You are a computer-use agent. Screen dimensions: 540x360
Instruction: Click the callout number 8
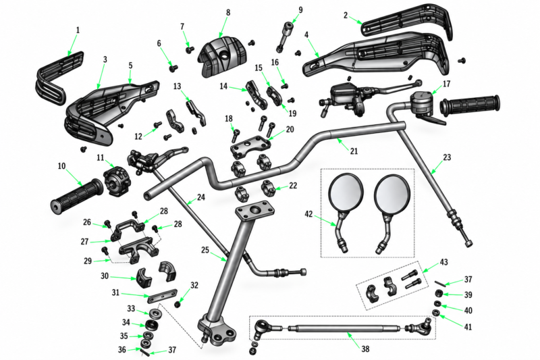[x=228, y=12]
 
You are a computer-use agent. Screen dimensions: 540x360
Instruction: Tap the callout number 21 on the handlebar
[x=354, y=151]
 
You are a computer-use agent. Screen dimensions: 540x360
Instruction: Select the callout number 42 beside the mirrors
[x=308, y=214]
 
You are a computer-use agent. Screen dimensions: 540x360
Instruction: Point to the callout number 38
[x=365, y=349]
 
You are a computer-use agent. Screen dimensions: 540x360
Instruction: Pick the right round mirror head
[x=392, y=194]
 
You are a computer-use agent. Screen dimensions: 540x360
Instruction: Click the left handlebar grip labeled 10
[x=76, y=195]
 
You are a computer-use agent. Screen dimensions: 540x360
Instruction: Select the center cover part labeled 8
[x=223, y=57]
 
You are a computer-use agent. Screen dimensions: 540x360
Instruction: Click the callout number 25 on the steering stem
[x=205, y=250]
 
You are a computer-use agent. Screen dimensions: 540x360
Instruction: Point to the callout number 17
[x=446, y=84]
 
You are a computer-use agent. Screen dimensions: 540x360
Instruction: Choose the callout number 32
[x=194, y=285]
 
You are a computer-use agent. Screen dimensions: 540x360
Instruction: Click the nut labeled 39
[x=439, y=294]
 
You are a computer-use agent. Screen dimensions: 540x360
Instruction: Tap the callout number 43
[x=443, y=262]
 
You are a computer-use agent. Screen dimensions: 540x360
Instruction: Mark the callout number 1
[x=78, y=30]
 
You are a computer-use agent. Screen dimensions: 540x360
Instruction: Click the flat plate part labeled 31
[x=162, y=296]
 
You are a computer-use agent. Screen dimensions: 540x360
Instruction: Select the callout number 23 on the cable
[x=447, y=157]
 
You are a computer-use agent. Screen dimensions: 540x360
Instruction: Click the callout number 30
[x=105, y=276]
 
